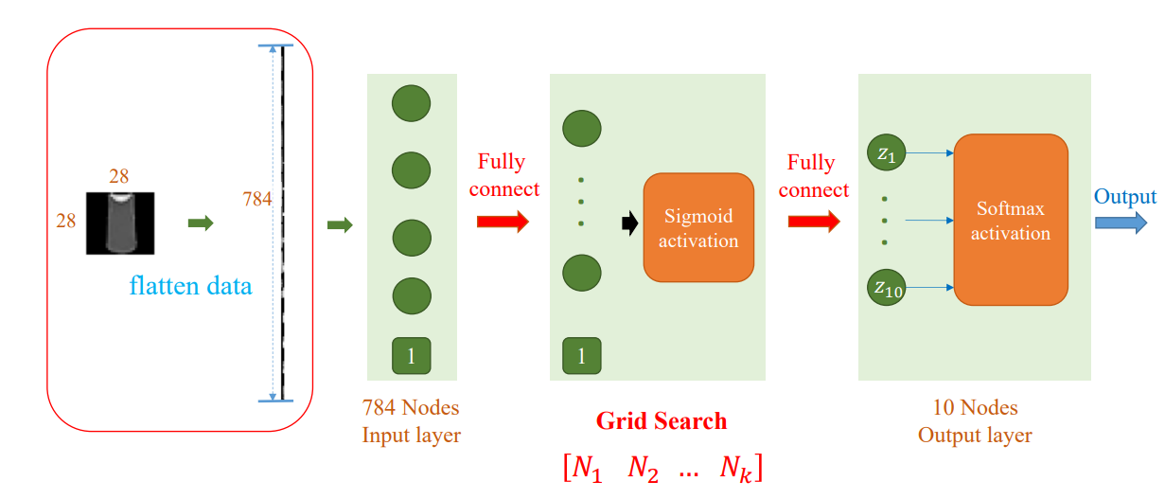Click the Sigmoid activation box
698,227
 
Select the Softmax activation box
1010,220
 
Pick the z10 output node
887,288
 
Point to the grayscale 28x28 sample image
119,223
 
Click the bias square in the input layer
411,356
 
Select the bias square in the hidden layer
581,356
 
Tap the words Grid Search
661,421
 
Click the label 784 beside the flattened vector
257,199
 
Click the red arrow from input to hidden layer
503,223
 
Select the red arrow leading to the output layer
813,223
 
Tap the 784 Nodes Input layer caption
410,421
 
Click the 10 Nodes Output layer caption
975,421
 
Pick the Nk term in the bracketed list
735,468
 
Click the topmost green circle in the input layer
411,102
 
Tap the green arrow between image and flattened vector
201,223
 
